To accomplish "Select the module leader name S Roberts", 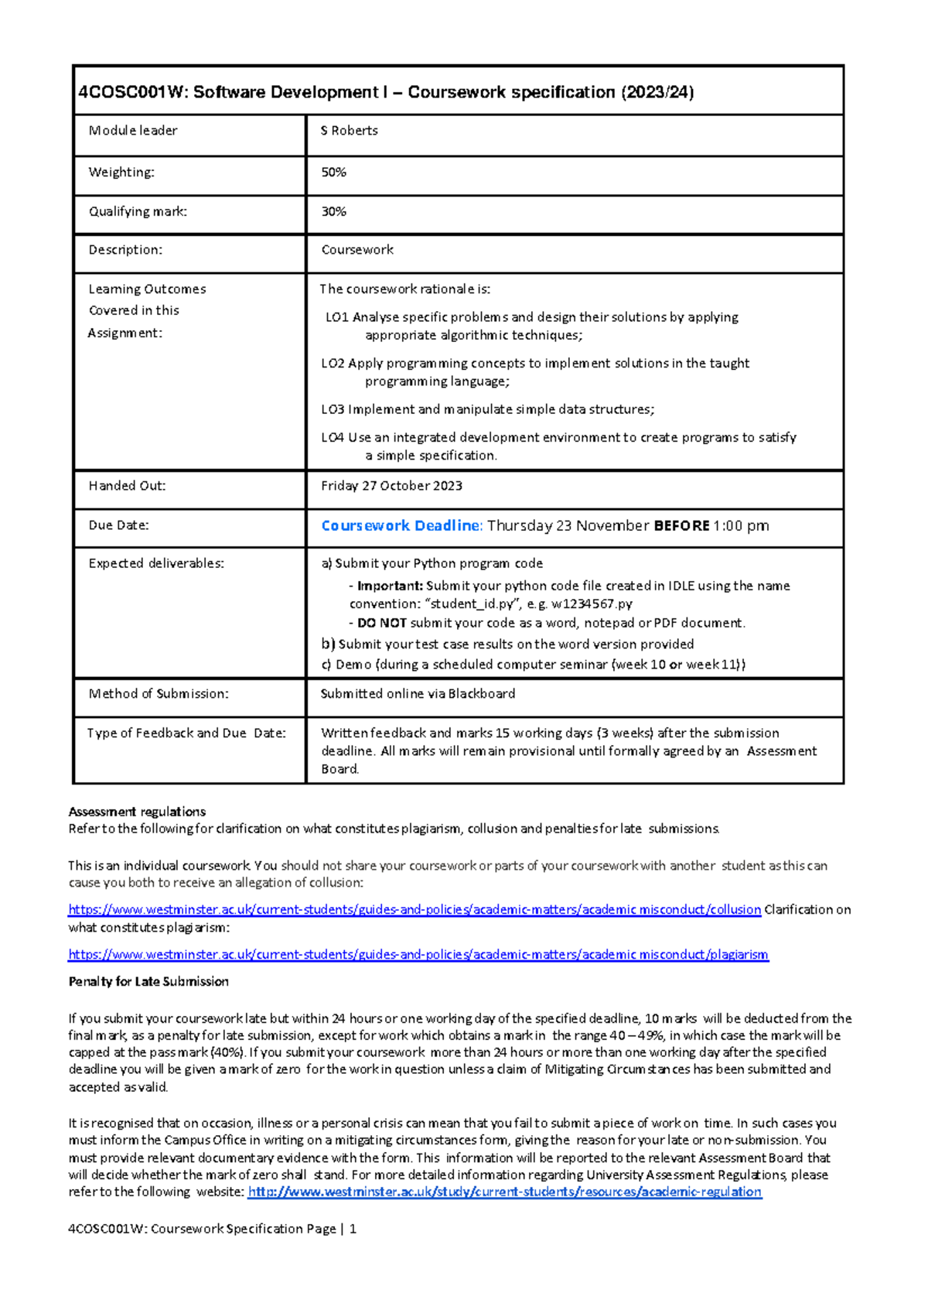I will [x=350, y=131].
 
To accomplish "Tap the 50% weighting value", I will [x=333, y=173].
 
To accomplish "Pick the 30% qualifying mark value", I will [x=333, y=211].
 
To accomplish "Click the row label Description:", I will [x=125, y=250].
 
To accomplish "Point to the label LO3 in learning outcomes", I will [x=333, y=409].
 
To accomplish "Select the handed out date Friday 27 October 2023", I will [x=391, y=486].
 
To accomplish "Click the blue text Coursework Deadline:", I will [x=401, y=525].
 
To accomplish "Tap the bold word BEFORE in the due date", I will [x=681, y=525].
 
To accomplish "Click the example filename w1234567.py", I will [x=592, y=604].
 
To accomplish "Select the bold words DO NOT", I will [x=381, y=623].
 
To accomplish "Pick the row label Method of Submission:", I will [x=159, y=694].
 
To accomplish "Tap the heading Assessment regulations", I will [x=137, y=812].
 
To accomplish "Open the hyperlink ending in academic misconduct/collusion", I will [x=415, y=910].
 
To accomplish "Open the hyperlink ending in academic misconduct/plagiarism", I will [x=418, y=955].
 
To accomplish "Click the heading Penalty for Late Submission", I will [x=148, y=981].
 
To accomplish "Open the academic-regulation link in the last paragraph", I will [x=504, y=1192].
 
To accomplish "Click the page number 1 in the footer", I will [x=353, y=1229].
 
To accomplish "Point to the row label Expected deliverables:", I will [x=156, y=563].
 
